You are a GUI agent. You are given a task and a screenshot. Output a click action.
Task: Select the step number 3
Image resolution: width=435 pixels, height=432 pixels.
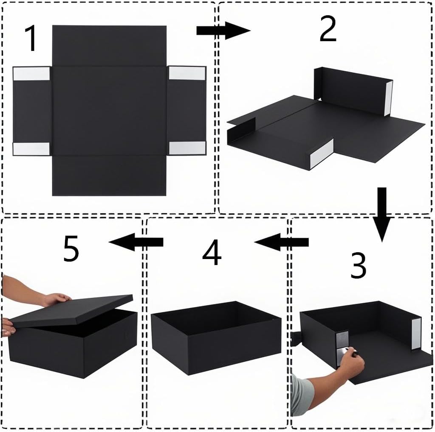click(358, 265)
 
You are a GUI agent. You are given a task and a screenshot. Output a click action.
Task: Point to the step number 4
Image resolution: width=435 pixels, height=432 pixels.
click(212, 252)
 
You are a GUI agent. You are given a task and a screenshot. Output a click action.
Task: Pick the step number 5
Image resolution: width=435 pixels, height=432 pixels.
click(71, 248)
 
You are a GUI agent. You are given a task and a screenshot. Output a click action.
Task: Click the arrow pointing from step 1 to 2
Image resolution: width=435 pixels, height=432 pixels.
click(223, 31)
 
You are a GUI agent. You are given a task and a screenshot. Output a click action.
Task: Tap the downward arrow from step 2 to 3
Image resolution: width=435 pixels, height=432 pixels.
click(382, 215)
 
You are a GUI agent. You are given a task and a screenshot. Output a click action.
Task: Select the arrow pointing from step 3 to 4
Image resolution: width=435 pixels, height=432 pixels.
click(281, 242)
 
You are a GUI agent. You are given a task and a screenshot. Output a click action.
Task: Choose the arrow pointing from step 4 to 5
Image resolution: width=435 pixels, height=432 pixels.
click(136, 242)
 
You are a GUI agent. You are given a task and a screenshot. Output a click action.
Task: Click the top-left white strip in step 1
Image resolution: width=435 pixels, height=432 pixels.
click(31, 74)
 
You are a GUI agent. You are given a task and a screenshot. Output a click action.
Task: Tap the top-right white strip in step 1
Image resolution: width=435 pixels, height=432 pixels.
click(187, 73)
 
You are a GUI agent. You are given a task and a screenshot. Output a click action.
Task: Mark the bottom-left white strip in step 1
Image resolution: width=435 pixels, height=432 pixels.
click(31, 149)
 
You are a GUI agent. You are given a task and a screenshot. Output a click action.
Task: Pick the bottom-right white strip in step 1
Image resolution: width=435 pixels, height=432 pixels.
click(187, 148)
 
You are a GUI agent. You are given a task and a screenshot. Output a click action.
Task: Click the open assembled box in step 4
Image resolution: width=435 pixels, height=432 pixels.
click(216, 337)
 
